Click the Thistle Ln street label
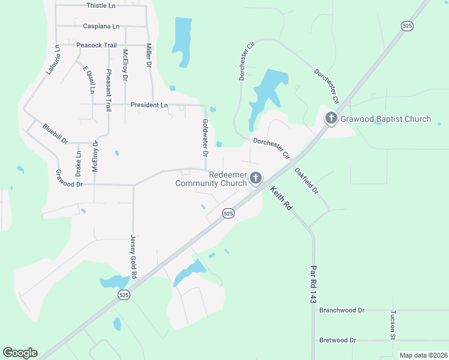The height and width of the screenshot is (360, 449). pos(101,5)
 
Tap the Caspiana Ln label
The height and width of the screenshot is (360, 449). pos(101,26)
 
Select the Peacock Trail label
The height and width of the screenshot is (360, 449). pos(96,45)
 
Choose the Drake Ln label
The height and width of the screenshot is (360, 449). pos(79,164)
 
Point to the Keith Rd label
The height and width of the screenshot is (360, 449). pos(280,198)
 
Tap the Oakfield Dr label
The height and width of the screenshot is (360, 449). pos(306,179)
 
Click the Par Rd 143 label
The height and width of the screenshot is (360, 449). pos(313,284)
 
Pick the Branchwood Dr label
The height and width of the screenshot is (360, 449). pos(342,310)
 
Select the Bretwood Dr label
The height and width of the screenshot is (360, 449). pos(338,340)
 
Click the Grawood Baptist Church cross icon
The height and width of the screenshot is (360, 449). pos(331,119)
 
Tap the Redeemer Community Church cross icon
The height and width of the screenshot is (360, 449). pos(256,178)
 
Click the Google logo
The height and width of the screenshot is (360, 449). pos(20,353)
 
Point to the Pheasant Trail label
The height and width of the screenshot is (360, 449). pos(109,91)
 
